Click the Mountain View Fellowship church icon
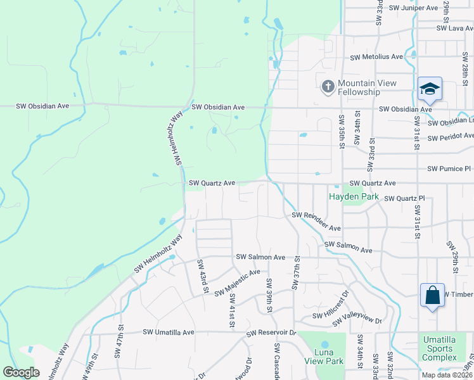click(x=328, y=87)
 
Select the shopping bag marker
click(x=432, y=295)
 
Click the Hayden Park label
click(x=354, y=196)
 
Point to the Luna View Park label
click(x=322, y=357)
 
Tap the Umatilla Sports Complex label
click(x=440, y=348)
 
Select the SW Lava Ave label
click(x=454, y=28)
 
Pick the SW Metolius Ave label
click(x=376, y=56)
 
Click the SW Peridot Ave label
click(x=450, y=136)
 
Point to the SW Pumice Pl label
click(x=449, y=169)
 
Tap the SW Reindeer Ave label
click(x=316, y=222)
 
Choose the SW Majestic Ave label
click(x=237, y=283)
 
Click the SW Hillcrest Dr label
click(x=330, y=306)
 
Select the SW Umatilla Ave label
click(x=167, y=332)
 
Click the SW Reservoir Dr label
click(x=271, y=332)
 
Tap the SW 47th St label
click(x=118, y=349)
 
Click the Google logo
click(x=21, y=372)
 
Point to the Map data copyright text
click(x=446, y=375)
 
